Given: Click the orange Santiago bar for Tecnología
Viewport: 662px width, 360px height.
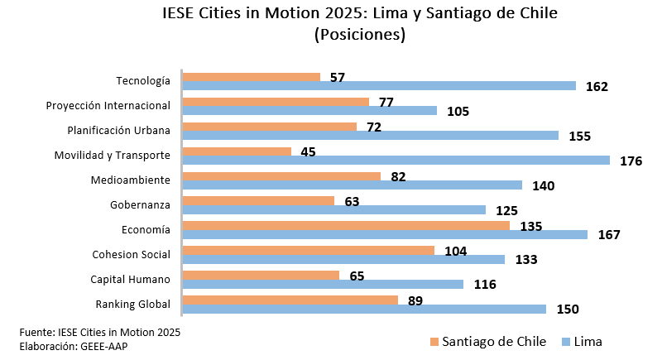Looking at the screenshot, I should [x=251, y=77].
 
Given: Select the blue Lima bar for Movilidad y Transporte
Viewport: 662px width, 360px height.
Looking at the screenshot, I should [x=396, y=161].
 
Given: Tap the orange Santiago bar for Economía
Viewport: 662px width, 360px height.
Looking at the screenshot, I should [x=346, y=225].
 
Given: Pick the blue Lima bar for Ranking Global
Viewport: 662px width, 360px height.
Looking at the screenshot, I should [x=364, y=309].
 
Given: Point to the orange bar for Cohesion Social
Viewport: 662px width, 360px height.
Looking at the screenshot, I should [x=308, y=250].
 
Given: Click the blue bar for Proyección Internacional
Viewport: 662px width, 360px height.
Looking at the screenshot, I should [x=309, y=111].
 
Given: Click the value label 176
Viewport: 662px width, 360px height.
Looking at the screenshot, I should [x=631, y=161].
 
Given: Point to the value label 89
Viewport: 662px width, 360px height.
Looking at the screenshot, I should [x=416, y=300].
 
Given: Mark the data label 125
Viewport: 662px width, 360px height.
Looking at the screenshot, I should [x=506, y=210].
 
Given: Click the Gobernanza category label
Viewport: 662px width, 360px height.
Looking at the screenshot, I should [x=140, y=204].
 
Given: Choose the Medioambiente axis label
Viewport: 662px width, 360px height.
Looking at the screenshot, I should [x=131, y=180].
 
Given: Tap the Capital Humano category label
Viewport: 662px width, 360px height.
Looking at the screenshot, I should [x=130, y=279].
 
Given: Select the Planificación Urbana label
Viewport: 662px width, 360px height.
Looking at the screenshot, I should [x=118, y=130].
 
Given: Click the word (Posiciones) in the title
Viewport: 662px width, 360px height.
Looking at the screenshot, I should [x=359, y=35].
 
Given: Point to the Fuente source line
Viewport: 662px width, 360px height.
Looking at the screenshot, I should [x=99, y=331].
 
